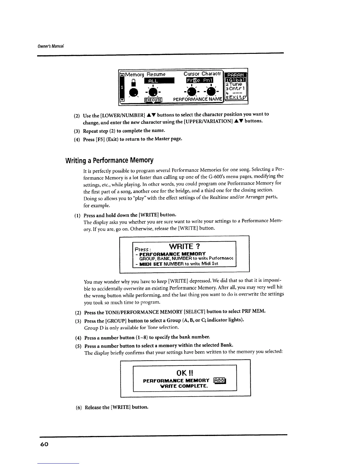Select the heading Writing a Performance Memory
click(x=109, y=160)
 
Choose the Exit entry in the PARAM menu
click(x=236, y=98)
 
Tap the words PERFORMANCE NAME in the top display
click(x=197, y=99)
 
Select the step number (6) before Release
click(x=79, y=407)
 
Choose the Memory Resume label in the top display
click(x=145, y=74)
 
